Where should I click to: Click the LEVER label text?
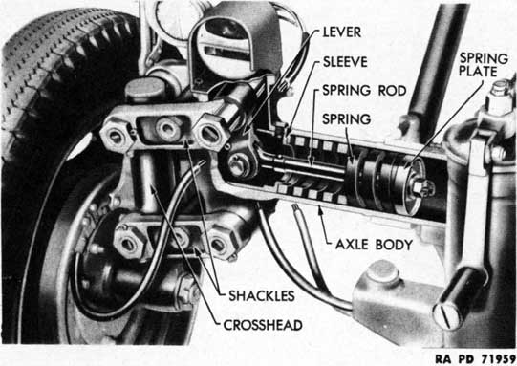point(342,32)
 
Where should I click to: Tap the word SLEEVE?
point(345,62)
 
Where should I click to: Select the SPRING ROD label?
point(364,91)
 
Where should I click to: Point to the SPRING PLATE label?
point(484,65)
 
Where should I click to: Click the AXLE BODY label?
point(375,245)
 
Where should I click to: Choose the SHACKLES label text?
point(262,296)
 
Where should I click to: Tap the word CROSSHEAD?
point(263,325)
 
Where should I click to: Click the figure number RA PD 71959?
point(475,359)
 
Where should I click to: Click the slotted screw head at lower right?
point(446,316)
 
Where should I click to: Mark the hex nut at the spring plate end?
point(421,188)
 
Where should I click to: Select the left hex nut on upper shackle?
point(116,137)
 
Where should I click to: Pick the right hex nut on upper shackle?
point(209,133)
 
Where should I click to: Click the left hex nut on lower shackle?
point(128,244)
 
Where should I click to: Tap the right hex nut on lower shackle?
point(219,245)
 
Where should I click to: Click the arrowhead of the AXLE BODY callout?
point(320,208)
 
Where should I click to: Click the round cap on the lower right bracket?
point(383,272)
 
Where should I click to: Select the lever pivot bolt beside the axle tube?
point(240,165)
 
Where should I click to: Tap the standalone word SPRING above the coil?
point(347,119)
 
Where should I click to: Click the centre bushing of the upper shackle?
point(166,127)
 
